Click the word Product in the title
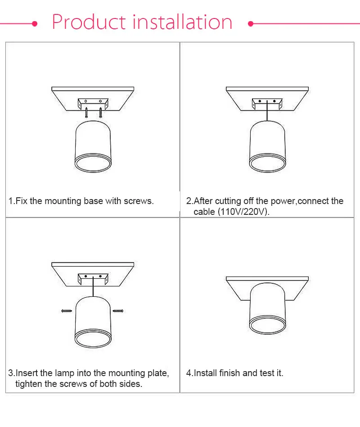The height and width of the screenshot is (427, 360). (x=89, y=22)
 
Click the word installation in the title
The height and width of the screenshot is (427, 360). (x=183, y=22)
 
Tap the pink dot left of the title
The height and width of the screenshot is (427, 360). (x=35, y=24)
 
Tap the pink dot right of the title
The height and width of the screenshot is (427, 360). (x=251, y=24)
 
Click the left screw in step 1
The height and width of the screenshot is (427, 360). (x=86, y=112)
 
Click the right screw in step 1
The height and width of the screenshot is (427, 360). (x=100, y=112)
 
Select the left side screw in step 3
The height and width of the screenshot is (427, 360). (x=67, y=311)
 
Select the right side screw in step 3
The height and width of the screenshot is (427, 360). (x=118, y=311)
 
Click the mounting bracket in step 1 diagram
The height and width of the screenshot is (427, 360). (x=93, y=104)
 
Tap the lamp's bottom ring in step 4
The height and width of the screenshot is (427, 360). (x=267, y=325)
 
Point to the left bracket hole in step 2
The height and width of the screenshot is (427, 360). (x=260, y=101)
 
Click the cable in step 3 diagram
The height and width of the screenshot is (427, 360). (x=93, y=286)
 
